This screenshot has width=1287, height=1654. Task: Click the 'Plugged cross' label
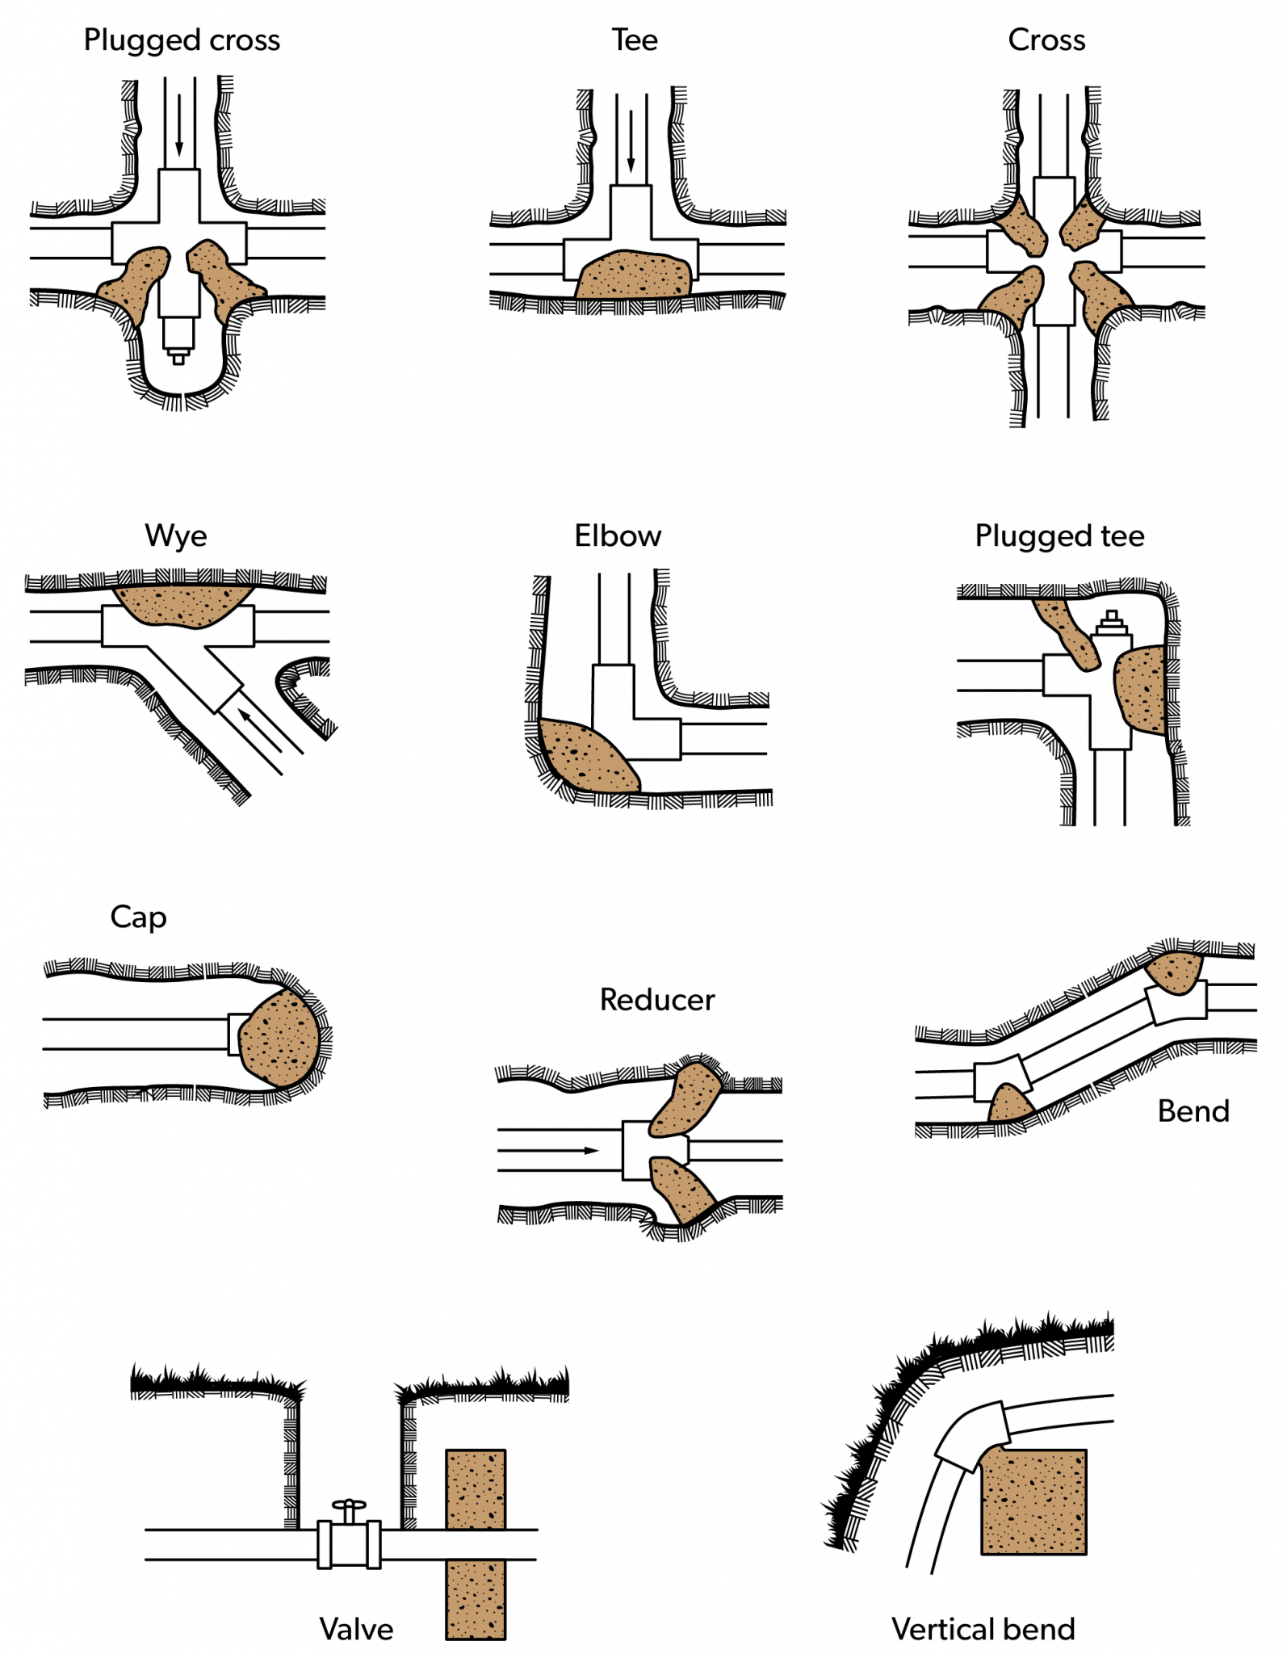(x=182, y=40)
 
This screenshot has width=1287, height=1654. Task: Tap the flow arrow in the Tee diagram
(x=631, y=141)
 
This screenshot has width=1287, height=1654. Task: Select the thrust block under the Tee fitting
(x=635, y=275)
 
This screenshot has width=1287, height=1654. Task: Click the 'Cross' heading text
(x=1046, y=40)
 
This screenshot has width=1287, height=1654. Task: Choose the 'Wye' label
(x=176, y=536)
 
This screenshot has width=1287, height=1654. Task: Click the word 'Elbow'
(x=618, y=536)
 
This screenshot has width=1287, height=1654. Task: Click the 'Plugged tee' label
(x=1059, y=536)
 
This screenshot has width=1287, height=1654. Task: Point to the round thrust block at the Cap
(x=279, y=1039)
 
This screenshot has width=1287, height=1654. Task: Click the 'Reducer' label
(x=656, y=1000)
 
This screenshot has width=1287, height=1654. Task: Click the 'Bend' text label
(x=1193, y=1111)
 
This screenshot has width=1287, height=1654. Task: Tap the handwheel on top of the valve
(x=349, y=1505)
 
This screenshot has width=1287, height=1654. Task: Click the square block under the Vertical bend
(x=1033, y=1502)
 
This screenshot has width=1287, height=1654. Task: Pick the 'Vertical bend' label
(x=983, y=1629)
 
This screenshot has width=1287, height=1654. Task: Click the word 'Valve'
(x=356, y=1629)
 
